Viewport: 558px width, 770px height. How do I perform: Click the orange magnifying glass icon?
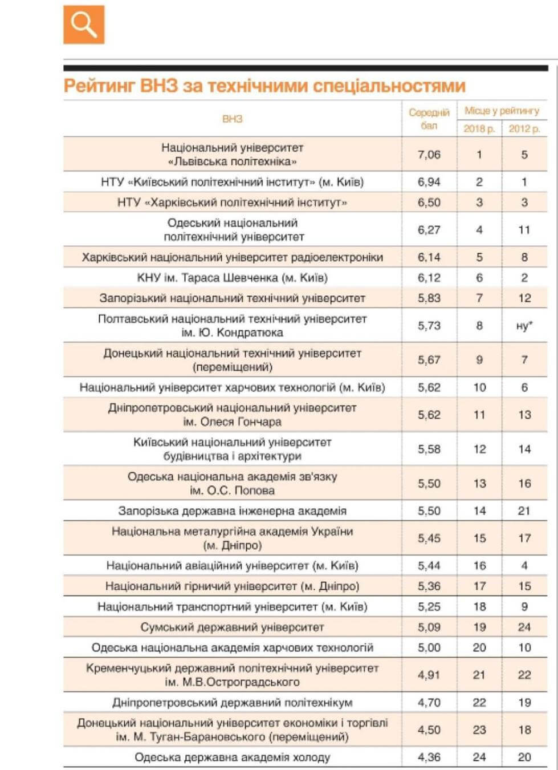pos(84,25)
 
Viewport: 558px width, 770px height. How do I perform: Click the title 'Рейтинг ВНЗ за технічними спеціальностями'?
pos(264,86)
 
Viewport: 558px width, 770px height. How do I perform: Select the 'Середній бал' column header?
pos(429,119)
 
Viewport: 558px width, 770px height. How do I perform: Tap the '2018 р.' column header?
pos(479,128)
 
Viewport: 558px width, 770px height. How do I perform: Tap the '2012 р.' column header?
pos(524,128)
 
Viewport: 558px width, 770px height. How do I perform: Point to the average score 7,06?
pos(429,155)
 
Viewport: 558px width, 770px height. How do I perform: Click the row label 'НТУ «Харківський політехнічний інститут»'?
pos(232,202)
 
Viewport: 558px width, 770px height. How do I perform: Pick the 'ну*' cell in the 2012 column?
pos(524,326)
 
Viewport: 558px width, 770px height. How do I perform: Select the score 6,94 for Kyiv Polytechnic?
pos(429,182)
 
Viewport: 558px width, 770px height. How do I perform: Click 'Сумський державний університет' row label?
pos(232,627)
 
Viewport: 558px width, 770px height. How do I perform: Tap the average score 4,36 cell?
pos(429,757)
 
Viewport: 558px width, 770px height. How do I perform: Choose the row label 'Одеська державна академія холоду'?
pos(232,757)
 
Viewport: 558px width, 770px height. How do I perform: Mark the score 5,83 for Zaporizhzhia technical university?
pos(429,298)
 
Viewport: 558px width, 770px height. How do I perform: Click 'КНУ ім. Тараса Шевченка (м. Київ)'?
pos(232,278)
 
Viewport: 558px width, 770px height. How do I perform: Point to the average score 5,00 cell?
pos(429,648)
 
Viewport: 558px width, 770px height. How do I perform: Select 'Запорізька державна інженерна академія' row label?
pos(232,511)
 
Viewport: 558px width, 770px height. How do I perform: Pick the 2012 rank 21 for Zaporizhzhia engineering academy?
pos(524,511)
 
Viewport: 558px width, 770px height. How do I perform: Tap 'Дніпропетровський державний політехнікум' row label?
pos(232,703)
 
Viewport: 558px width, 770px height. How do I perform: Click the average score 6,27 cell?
pos(429,230)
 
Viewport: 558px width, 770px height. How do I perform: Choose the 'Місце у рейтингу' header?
pos(502,111)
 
